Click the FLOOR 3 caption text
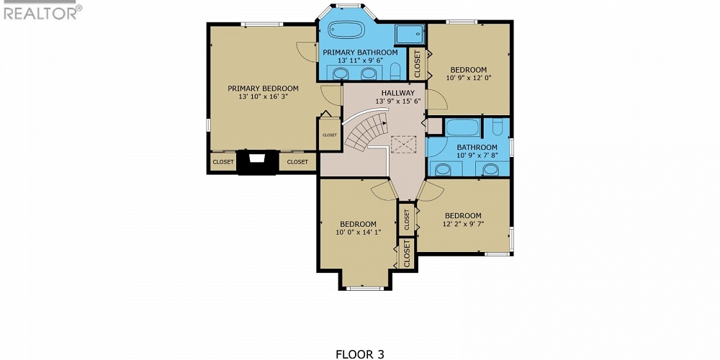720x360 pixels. click(360, 354)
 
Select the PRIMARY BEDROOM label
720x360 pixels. click(263, 89)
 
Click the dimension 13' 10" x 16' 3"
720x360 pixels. click(263, 97)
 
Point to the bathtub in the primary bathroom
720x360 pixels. click(346, 31)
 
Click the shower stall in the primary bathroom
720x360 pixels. click(410, 35)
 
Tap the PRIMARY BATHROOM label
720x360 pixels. click(360, 53)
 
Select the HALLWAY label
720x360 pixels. click(397, 93)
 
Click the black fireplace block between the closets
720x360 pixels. click(258, 162)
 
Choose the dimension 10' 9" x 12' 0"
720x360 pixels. click(468, 78)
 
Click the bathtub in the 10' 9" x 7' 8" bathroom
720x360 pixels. click(462, 128)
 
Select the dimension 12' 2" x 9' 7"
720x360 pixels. click(463, 224)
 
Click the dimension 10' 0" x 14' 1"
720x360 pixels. click(358, 232)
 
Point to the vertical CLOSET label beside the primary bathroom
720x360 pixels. click(418, 63)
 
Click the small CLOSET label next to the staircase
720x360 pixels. click(330, 135)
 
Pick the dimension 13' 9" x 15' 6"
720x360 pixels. click(397, 102)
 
